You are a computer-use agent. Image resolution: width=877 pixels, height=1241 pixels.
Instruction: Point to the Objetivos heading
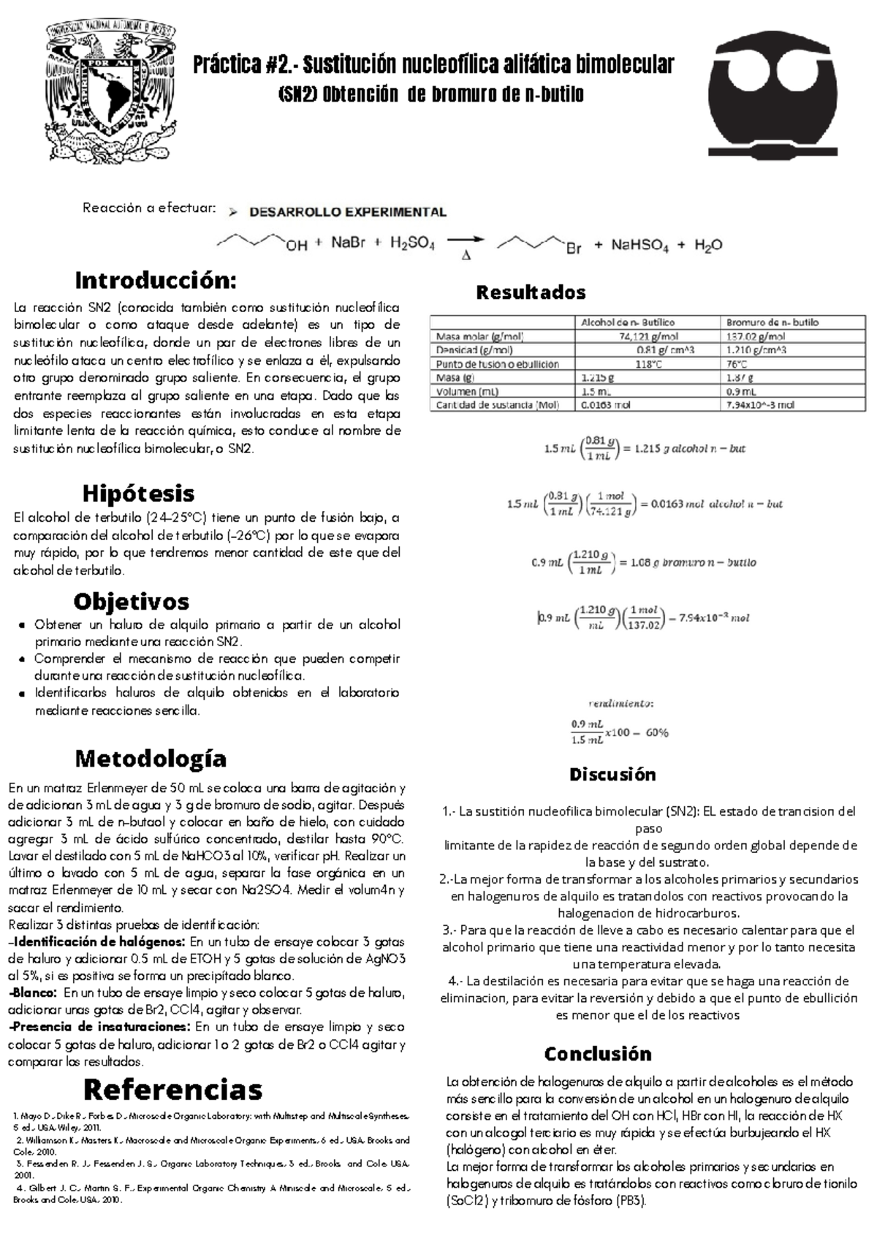[132, 601]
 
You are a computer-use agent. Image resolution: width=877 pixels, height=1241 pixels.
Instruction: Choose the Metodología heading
[151, 758]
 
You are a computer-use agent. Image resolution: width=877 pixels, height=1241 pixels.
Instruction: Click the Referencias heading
[173, 1090]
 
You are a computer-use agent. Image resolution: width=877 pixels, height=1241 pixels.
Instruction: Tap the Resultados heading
[531, 292]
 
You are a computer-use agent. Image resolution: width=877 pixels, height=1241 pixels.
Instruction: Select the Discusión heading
[612, 774]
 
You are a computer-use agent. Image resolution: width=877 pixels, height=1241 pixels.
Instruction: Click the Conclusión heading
[598, 1054]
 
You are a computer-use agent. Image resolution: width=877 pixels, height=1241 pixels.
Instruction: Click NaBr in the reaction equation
[348, 244]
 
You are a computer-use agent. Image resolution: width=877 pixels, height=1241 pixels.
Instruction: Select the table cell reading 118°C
[645, 364]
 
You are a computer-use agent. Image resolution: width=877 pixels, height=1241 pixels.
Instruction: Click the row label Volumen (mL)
[467, 391]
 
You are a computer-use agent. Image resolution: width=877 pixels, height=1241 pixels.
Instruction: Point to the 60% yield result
[656, 732]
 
